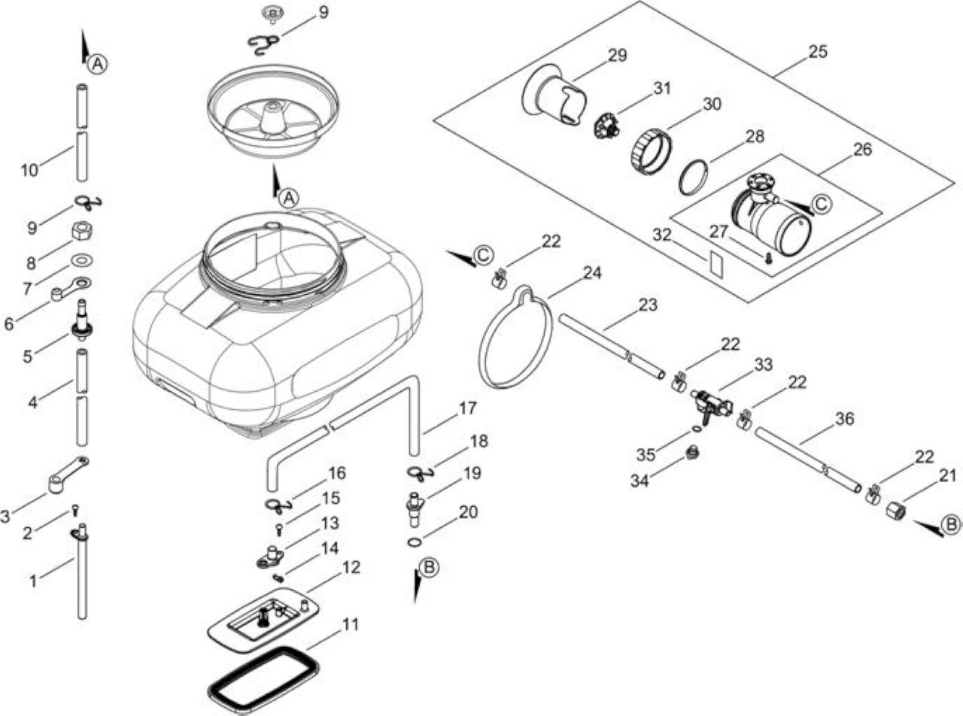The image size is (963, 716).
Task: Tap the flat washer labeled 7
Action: click(x=81, y=260)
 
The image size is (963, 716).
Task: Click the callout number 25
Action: click(x=818, y=52)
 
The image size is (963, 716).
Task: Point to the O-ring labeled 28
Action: click(x=694, y=177)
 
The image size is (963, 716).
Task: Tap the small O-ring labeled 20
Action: click(x=415, y=542)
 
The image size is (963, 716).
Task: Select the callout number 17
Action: click(x=468, y=408)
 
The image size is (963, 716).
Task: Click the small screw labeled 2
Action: click(x=74, y=509)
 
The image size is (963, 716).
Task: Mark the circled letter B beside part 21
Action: click(x=950, y=525)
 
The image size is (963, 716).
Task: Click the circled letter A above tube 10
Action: click(x=98, y=64)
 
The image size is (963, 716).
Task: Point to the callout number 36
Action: click(x=844, y=419)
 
